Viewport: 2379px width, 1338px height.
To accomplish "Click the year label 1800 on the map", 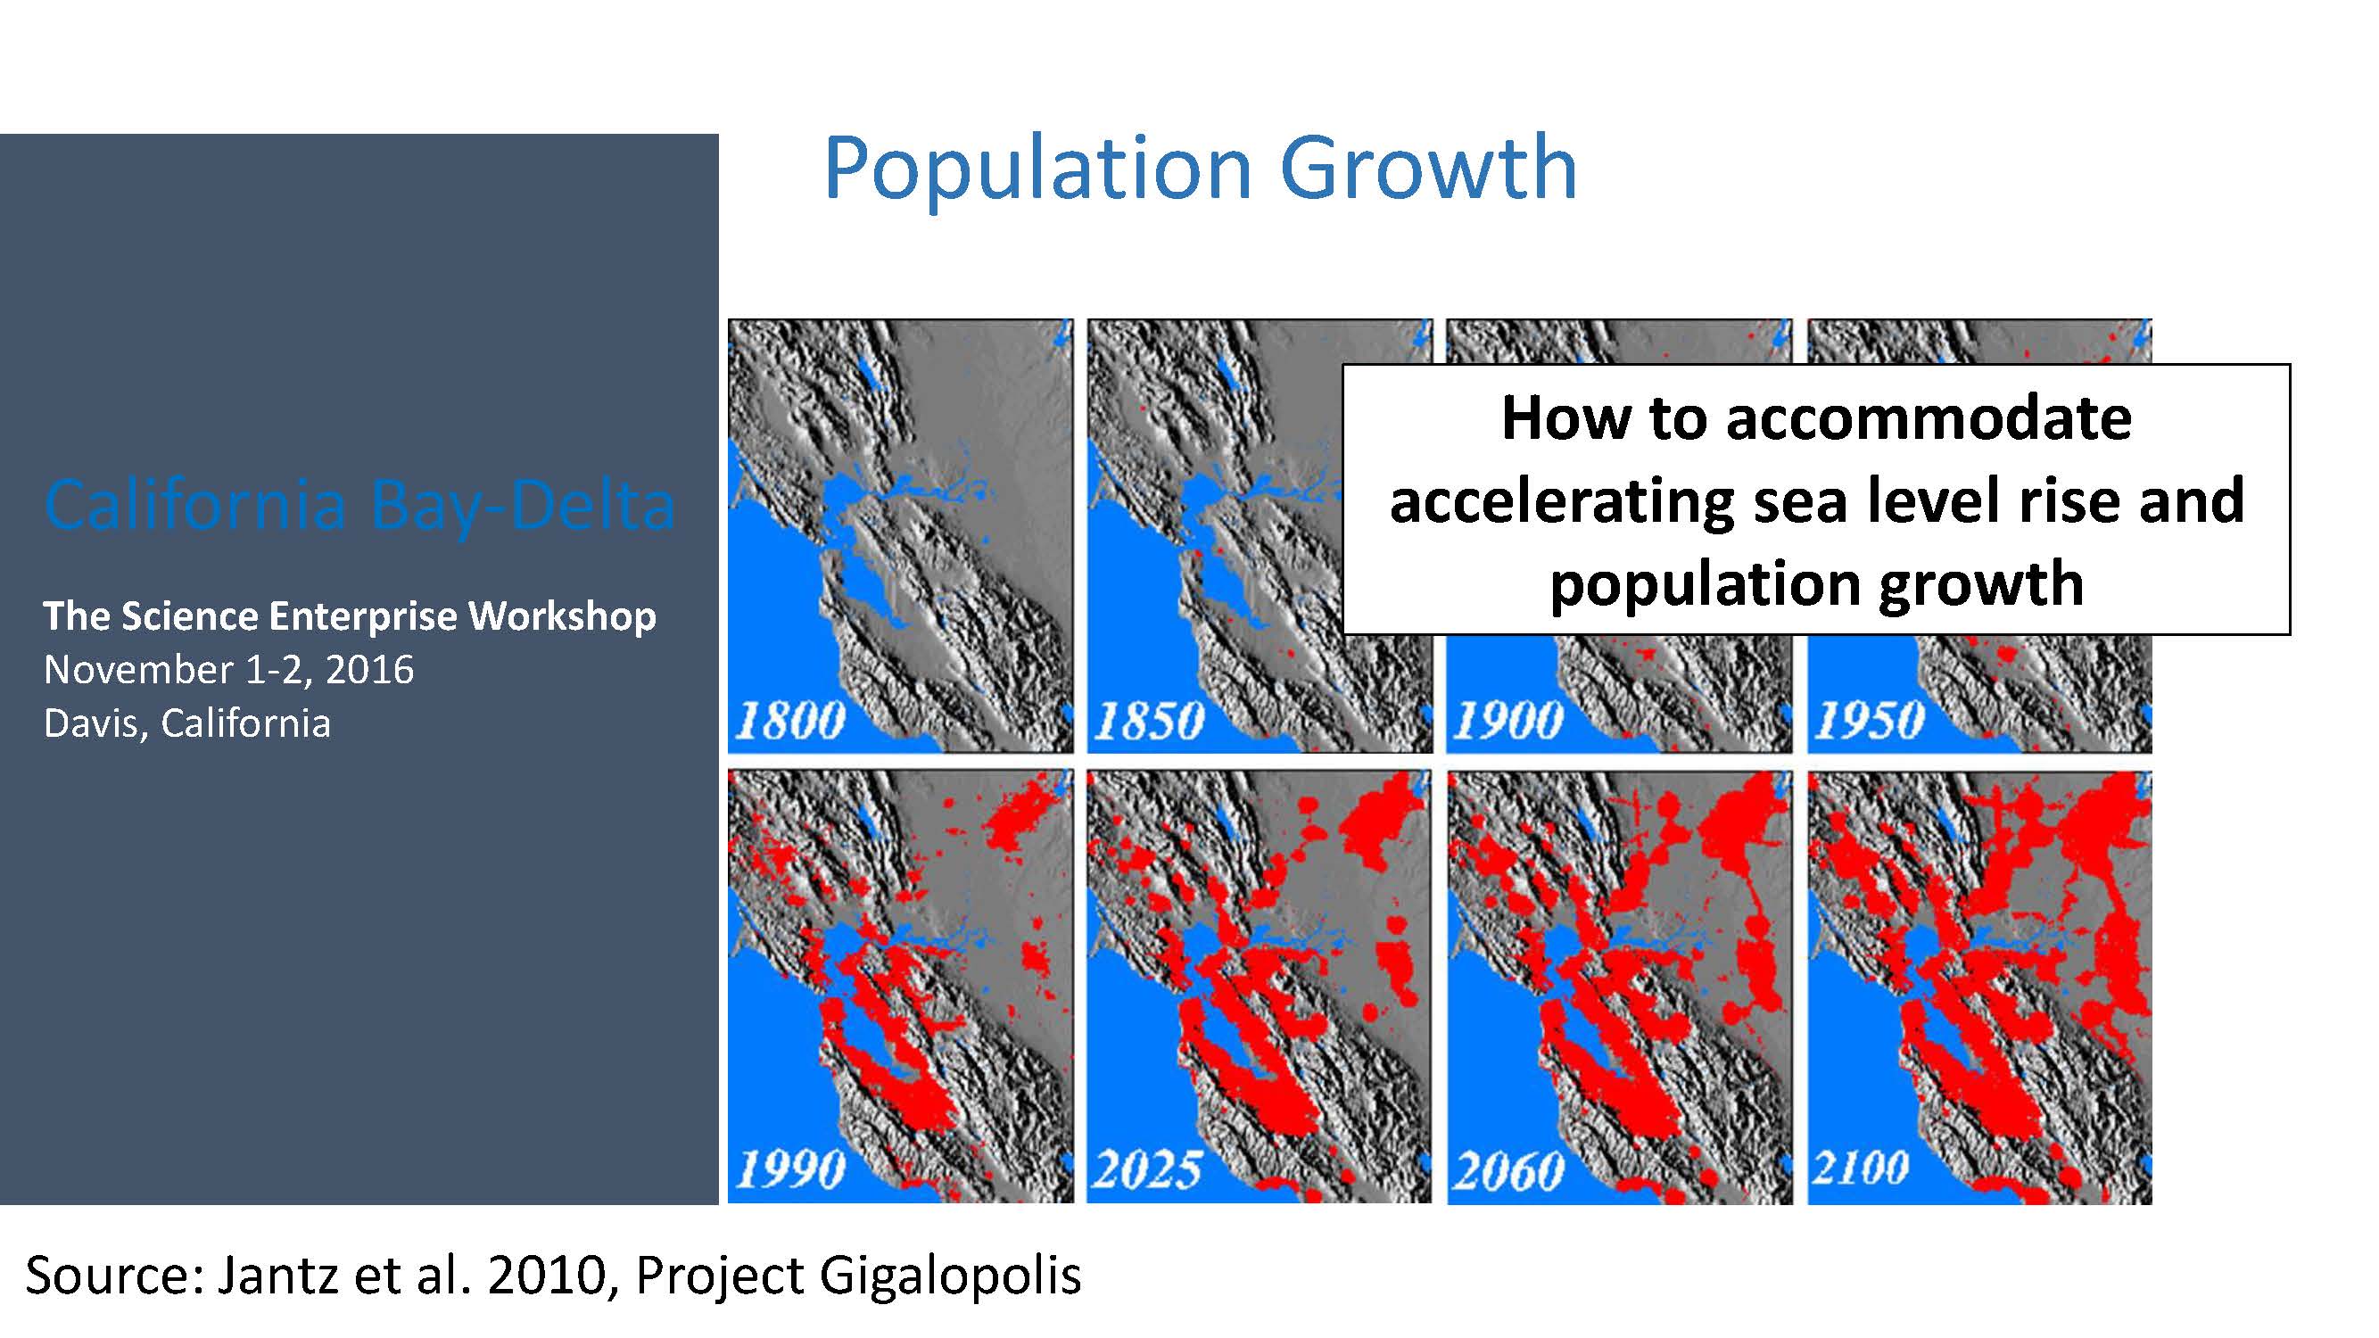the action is click(790, 720).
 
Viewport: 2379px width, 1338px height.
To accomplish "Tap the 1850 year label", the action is click(1150, 720).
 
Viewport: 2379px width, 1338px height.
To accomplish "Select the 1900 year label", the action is click(1509, 720).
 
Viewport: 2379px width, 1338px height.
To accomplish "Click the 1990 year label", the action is click(790, 1170).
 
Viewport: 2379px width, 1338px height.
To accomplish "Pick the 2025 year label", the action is click(1148, 1170).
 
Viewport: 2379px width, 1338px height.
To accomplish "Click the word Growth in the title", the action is click(1430, 168).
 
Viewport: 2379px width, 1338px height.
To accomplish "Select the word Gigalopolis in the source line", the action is click(950, 1278).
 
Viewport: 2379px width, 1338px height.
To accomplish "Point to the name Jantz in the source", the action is click(278, 1276).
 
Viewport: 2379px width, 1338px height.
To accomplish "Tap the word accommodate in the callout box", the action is click(1929, 418).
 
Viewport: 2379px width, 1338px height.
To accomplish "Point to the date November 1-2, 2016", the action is click(229, 671).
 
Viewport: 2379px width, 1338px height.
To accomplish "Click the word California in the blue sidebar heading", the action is click(195, 505).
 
